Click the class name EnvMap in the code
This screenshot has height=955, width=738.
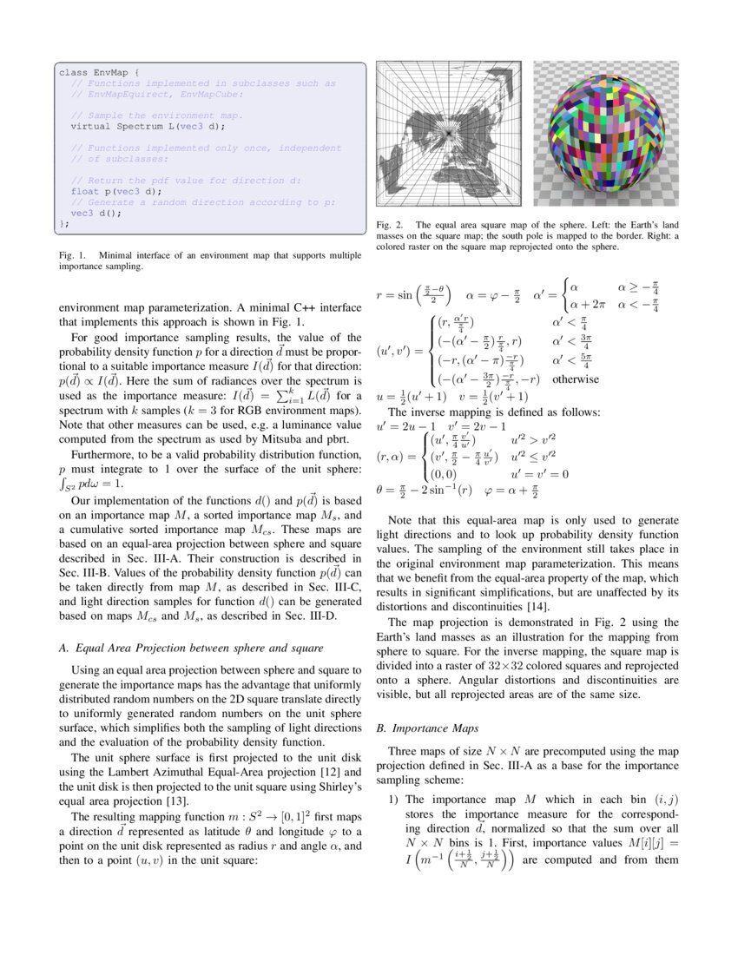pos(109,73)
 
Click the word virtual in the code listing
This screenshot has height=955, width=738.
pos(91,126)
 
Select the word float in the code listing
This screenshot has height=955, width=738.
pos(84,191)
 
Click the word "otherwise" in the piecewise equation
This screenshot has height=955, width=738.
pos(576,379)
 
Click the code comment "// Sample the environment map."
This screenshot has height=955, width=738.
pos(156,115)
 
